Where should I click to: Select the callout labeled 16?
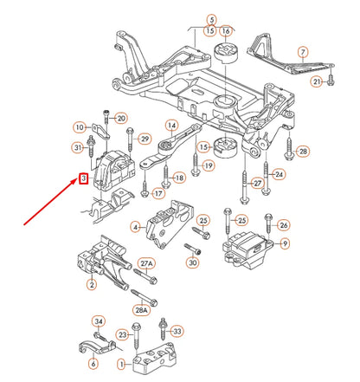click(x=226, y=30)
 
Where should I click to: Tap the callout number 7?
click(x=302, y=54)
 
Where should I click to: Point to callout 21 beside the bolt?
click(x=317, y=81)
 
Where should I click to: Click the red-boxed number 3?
click(x=83, y=179)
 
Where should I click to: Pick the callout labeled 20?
click(x=120, y=118)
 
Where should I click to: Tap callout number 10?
click(x=79, y=127)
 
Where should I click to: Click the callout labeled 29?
click(x=145, y=139)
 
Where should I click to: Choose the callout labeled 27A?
click(x=146, y=263)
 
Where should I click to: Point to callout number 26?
click(x=283, y=225)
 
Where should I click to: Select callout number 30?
click(x=192, y=262)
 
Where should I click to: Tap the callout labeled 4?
click(x=135, y=228)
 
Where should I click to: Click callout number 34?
click(x=98, y=321)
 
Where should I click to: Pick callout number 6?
click(x=93, y=364)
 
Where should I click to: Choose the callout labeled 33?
click(x=177, y=330)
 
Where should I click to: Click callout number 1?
click(x=121, y=364)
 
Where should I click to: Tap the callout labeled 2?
click(x=91, y=283)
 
